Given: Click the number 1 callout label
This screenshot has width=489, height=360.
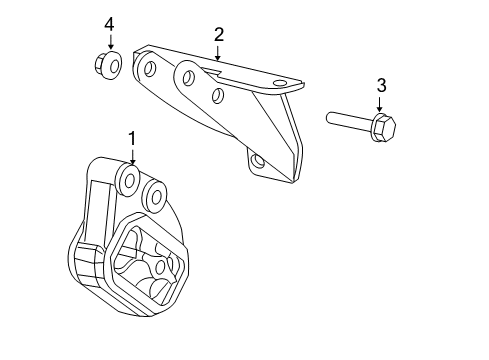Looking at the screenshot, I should [130, 138].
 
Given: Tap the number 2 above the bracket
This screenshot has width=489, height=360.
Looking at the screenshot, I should [218, 36].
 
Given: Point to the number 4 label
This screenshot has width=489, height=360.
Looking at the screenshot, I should [110, 23].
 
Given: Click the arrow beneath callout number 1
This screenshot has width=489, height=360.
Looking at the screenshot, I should [130, 157].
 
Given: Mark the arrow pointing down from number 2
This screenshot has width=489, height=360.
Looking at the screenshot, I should [218, 54].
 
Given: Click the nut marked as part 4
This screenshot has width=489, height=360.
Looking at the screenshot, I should [109, 65].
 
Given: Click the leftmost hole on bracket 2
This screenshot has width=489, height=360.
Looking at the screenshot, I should [150, 69].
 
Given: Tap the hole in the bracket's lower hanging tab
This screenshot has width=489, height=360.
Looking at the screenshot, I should [259, 160].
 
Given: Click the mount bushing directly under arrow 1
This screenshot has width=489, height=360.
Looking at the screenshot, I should [129, 179].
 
